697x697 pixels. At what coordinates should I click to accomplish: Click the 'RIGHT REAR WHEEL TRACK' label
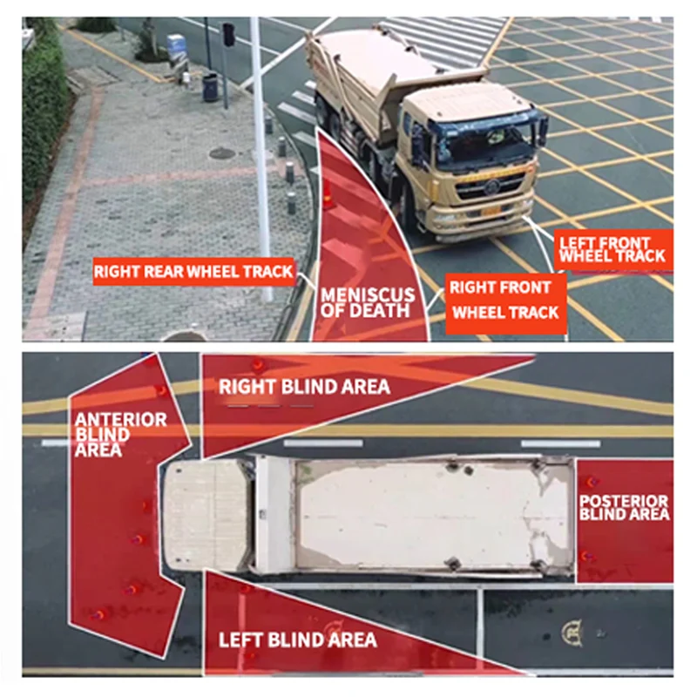click(193, 272)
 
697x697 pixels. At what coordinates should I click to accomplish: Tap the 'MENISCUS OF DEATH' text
click(368, 302)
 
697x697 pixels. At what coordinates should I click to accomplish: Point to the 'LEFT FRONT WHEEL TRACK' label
click(613, 249)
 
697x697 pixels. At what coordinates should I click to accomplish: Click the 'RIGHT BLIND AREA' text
click(304, 387)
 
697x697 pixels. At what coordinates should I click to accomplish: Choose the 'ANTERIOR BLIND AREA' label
click(120, 434)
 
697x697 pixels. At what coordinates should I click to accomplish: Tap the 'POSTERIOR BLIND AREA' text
click(624, 507)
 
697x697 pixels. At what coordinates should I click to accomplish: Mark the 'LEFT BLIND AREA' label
click(298, 639)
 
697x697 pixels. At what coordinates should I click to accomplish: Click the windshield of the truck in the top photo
click(484, 138)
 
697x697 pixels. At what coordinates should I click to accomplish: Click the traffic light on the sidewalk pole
click(228, 34)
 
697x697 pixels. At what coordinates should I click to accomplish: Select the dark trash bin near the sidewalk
click(210, 87)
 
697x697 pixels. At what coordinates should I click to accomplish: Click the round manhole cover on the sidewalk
click(222, 154)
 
